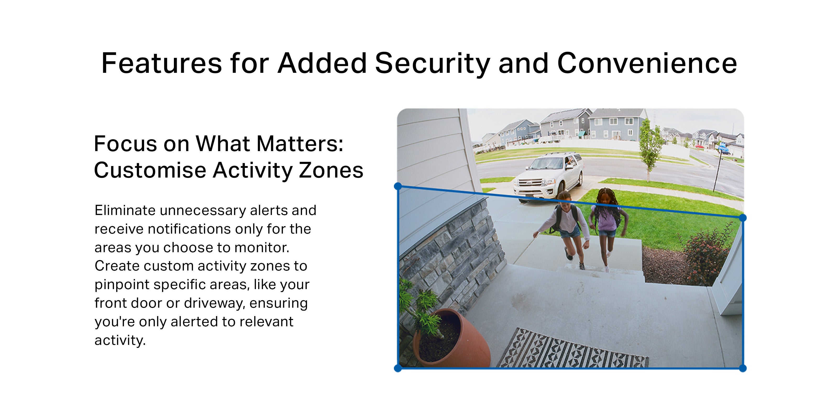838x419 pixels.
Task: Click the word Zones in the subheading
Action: (x=331, y=170)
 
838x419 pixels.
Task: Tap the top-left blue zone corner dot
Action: (x=398, y=186)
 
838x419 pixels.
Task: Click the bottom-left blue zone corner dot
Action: (x=398, y=368)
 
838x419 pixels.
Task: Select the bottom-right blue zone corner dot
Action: (x=743, y=368)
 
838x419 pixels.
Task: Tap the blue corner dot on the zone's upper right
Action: (x=743, y=218)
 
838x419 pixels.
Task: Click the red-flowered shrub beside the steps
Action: (x=706, y=255)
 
